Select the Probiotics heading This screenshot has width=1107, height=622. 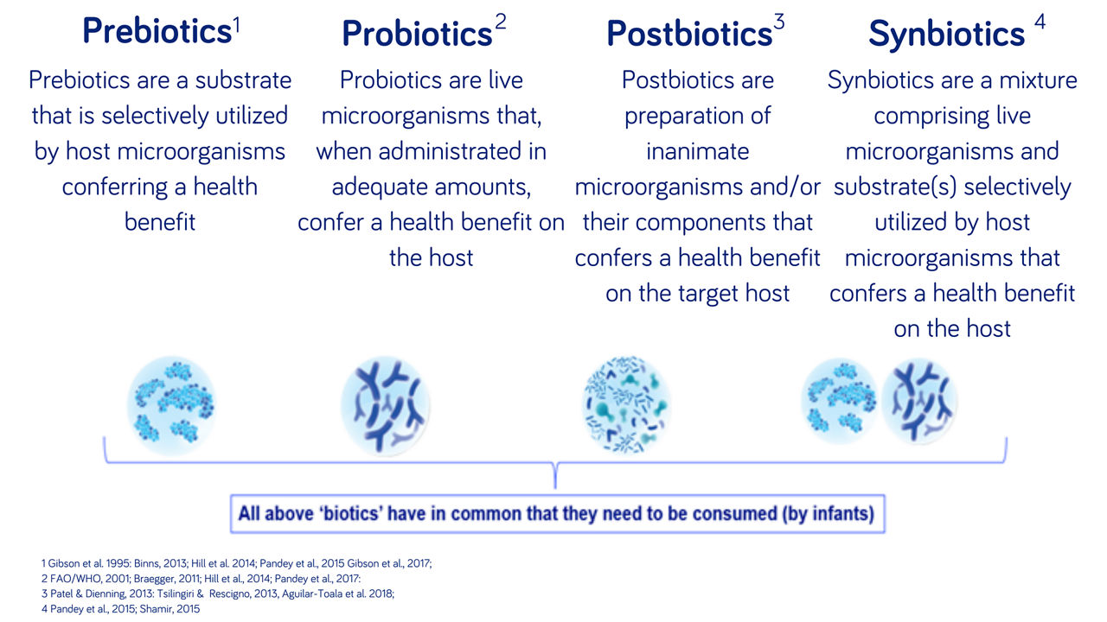click(417, 35)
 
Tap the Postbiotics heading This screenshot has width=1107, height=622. click(688, 34)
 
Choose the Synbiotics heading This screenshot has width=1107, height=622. click(946, 35)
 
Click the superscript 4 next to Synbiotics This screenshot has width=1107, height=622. click(1039, 23)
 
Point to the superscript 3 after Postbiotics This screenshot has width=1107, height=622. click(779, 23)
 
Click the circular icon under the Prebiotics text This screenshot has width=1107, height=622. click(170, 400)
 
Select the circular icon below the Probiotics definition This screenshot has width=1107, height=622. click(386, 400)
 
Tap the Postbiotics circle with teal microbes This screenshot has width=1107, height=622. click(627, 403)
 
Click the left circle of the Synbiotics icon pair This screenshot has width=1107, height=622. click(840, 401)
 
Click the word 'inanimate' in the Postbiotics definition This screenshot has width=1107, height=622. click(697, 151)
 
